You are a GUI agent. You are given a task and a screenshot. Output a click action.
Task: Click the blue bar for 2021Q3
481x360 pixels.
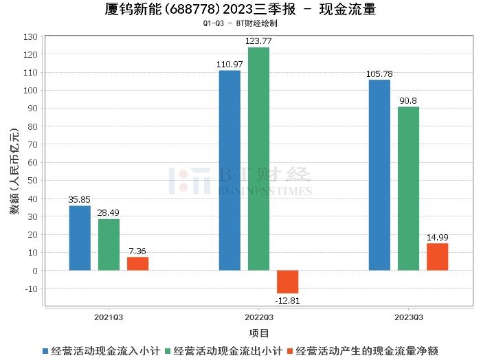80,238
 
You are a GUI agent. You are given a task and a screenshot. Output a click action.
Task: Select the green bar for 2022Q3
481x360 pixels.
258,159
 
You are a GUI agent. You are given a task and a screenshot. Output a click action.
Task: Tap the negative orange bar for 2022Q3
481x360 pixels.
287,282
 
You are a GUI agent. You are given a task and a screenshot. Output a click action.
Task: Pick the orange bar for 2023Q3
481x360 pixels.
437,257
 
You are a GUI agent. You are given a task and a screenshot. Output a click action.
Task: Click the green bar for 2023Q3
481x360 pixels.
408,188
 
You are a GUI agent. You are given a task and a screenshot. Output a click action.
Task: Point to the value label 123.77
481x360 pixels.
258,41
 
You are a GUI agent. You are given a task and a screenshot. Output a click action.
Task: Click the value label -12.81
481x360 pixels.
287,300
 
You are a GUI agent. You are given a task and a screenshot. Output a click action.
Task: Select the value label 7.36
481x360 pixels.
137,251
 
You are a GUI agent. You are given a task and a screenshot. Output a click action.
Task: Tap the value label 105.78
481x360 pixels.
379,74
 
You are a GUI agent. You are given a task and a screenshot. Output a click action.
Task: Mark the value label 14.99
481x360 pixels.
437,238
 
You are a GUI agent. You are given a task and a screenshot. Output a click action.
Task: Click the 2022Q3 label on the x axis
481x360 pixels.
259,317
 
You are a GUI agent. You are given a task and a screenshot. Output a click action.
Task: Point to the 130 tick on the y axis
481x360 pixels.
31,36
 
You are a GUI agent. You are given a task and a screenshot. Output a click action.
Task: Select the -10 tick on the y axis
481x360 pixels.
31,289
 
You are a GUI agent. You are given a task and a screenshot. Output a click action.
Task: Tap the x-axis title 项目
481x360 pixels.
259,333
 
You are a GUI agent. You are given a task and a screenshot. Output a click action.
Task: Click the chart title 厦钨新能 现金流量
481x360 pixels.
240,10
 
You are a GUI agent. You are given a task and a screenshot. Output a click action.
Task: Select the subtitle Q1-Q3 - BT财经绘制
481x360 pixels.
240,23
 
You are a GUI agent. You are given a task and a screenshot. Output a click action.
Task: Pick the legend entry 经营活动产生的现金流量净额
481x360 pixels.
368,351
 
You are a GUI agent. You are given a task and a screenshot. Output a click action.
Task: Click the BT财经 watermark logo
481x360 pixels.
240,180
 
